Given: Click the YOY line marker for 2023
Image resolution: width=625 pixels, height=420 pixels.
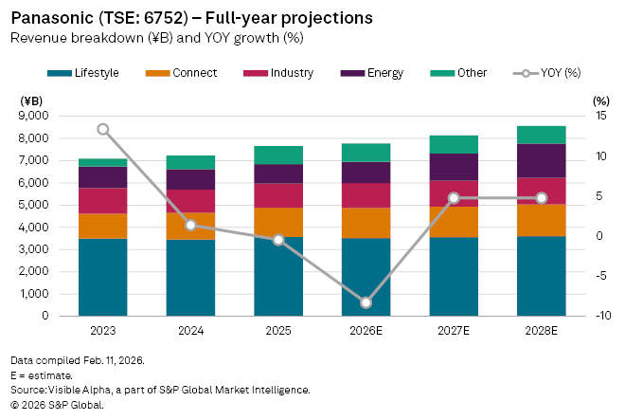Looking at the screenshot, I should [x=103, y=129].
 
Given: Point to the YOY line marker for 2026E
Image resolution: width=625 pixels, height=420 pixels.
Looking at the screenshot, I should [x=366, y=303].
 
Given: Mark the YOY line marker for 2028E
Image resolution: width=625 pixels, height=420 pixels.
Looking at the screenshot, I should [x=542, y=198].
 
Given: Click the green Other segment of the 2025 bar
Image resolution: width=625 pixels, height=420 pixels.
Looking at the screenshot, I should [x=278, y=155].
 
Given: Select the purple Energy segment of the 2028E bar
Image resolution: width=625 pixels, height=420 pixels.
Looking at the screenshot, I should [x=542, y=161].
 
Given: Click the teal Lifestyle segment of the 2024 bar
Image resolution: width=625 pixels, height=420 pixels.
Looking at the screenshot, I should [x=191, y=280].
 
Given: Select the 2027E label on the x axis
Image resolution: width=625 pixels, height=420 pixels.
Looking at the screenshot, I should [x=454, y=332].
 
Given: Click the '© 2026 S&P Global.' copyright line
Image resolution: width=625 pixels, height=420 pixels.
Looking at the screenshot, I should [x=57, y=405].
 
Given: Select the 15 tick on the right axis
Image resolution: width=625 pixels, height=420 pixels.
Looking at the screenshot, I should [x=600, y=116].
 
